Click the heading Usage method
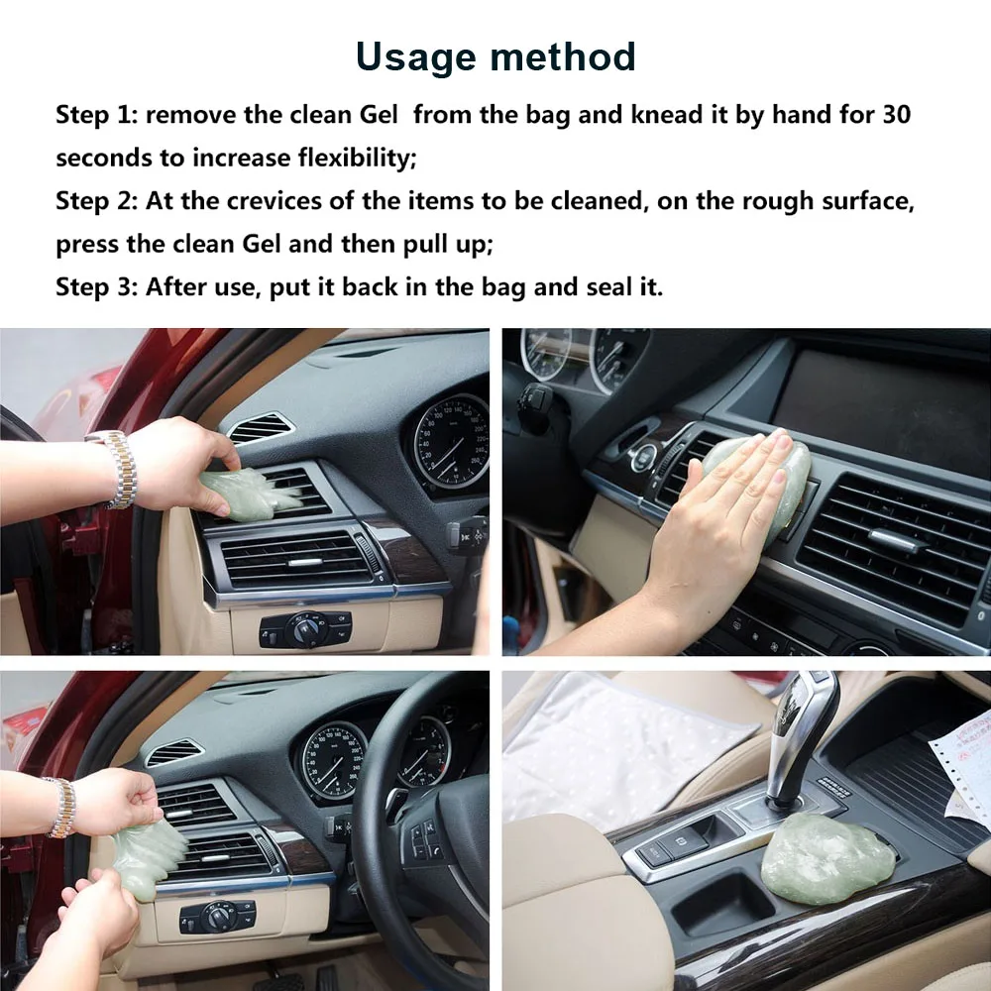click(495, 55)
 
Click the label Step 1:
click(96, 114)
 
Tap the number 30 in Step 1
click(895, 114)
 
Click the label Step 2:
click(96, 201)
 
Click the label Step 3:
click(96, 287)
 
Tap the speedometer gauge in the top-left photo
click(452, 441)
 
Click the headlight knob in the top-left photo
click(304, 629)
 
